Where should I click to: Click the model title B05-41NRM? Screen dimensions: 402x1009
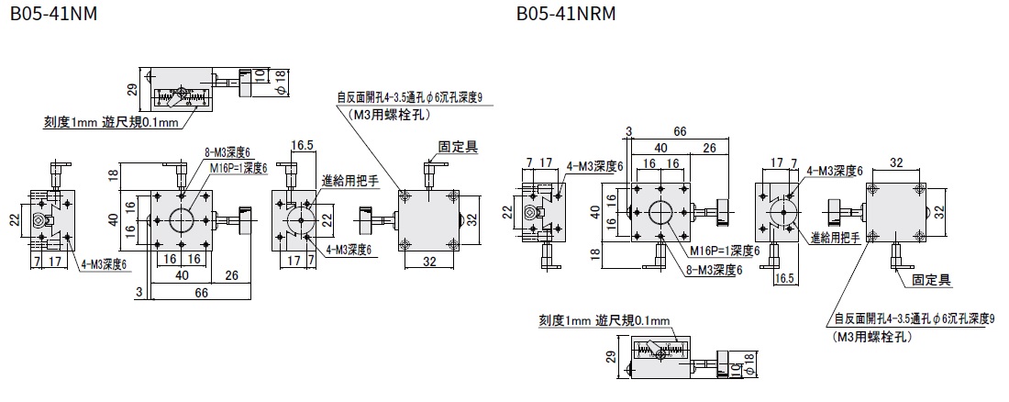pyautogui.click(x=565, y=15)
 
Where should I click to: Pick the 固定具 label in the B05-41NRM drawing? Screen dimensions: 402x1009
pyautogui.click(x=930, y=278)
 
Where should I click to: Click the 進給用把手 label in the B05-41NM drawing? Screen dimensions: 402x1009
pyautogui.click(x=350, y=182)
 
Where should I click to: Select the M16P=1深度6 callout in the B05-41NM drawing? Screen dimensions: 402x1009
pyautogui.click(x=237, y=168)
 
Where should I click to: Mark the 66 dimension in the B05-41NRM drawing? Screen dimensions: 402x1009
pyautogui.click(x=680, y=132)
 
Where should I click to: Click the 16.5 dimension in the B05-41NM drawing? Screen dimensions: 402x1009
pyautogui.click(x=303, y=145)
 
